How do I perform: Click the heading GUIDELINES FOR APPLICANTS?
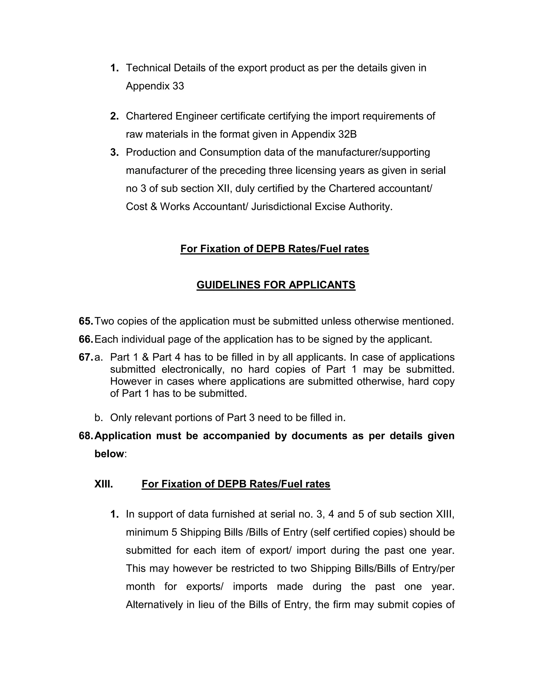tap(276, 285)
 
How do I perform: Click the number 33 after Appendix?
tap(178, 86)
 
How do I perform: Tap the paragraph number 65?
tap(86, 321)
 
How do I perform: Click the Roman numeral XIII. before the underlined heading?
tap(104, 484)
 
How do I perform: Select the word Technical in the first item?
tap(148, 68)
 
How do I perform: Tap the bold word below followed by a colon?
tap(109, 454)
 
